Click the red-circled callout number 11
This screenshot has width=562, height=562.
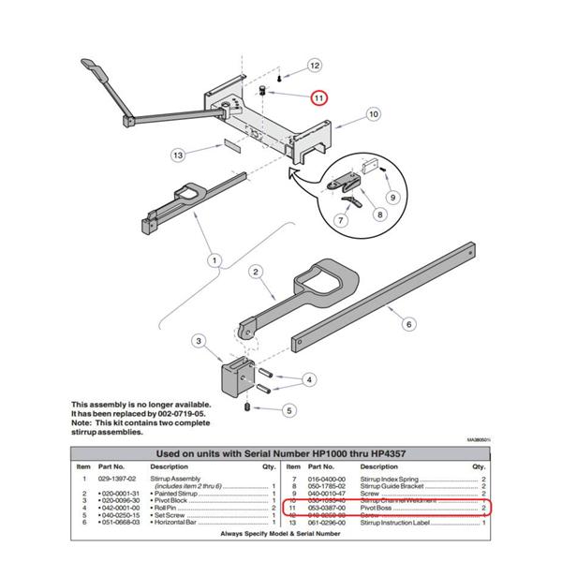(x=318, y=96)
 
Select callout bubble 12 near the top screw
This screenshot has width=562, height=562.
(x=315, y=66)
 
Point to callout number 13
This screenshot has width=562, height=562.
(x=178, y=154)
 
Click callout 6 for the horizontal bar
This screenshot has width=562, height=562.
(x=408, y=323)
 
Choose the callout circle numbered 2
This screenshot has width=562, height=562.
(x=253, y=273)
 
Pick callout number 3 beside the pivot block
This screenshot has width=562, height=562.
(x=198, y=341)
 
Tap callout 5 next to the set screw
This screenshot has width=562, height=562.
(x=289, y=409)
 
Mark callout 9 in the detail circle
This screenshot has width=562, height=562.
(x=393, y=197)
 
